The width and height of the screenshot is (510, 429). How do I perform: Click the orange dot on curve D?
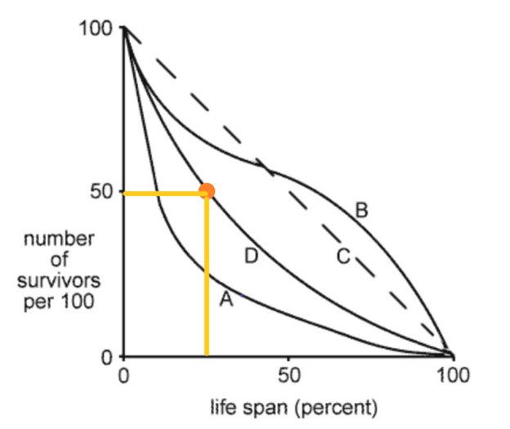tap(207, 191)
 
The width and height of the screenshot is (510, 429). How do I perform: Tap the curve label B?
tap(361, 212)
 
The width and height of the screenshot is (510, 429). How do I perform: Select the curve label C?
tap(343, 257)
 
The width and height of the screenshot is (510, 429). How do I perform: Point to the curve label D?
tap(252, 257)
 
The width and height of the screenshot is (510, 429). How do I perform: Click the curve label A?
tap(226, 301)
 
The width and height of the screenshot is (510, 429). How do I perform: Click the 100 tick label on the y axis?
tap(95, 30)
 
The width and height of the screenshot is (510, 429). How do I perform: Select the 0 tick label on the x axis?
tap(123, 377)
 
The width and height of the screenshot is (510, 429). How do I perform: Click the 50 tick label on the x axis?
tap(287, 377)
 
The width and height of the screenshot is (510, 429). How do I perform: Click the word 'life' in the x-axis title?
tap(225, 405)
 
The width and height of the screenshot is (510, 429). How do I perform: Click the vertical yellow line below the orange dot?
tap(207, 278)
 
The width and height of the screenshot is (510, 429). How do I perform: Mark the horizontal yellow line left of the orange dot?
tap(163, 193)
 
